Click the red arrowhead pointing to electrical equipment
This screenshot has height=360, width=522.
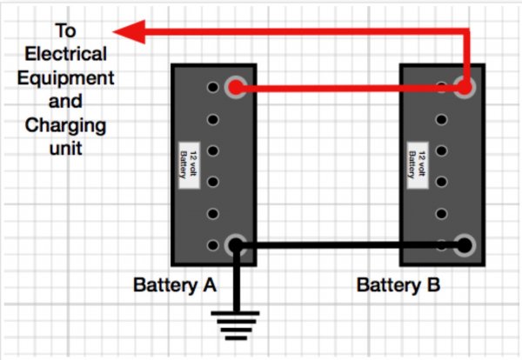[129, 32]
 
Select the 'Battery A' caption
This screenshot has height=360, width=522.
[175, 284]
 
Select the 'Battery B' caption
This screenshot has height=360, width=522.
[398, 284]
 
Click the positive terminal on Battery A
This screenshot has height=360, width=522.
[235, 88]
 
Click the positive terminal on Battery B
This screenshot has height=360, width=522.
[466, 88]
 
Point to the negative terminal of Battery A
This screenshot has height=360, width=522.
[235, 246]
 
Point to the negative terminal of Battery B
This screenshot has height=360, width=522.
[465, 246]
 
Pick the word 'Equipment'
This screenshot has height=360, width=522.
[70, 77]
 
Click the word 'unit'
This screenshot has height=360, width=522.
[65, 148]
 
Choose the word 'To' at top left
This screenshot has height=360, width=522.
[65, 31]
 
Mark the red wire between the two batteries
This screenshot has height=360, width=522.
[348, 89]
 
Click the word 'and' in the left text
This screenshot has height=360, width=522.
[66, 101]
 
